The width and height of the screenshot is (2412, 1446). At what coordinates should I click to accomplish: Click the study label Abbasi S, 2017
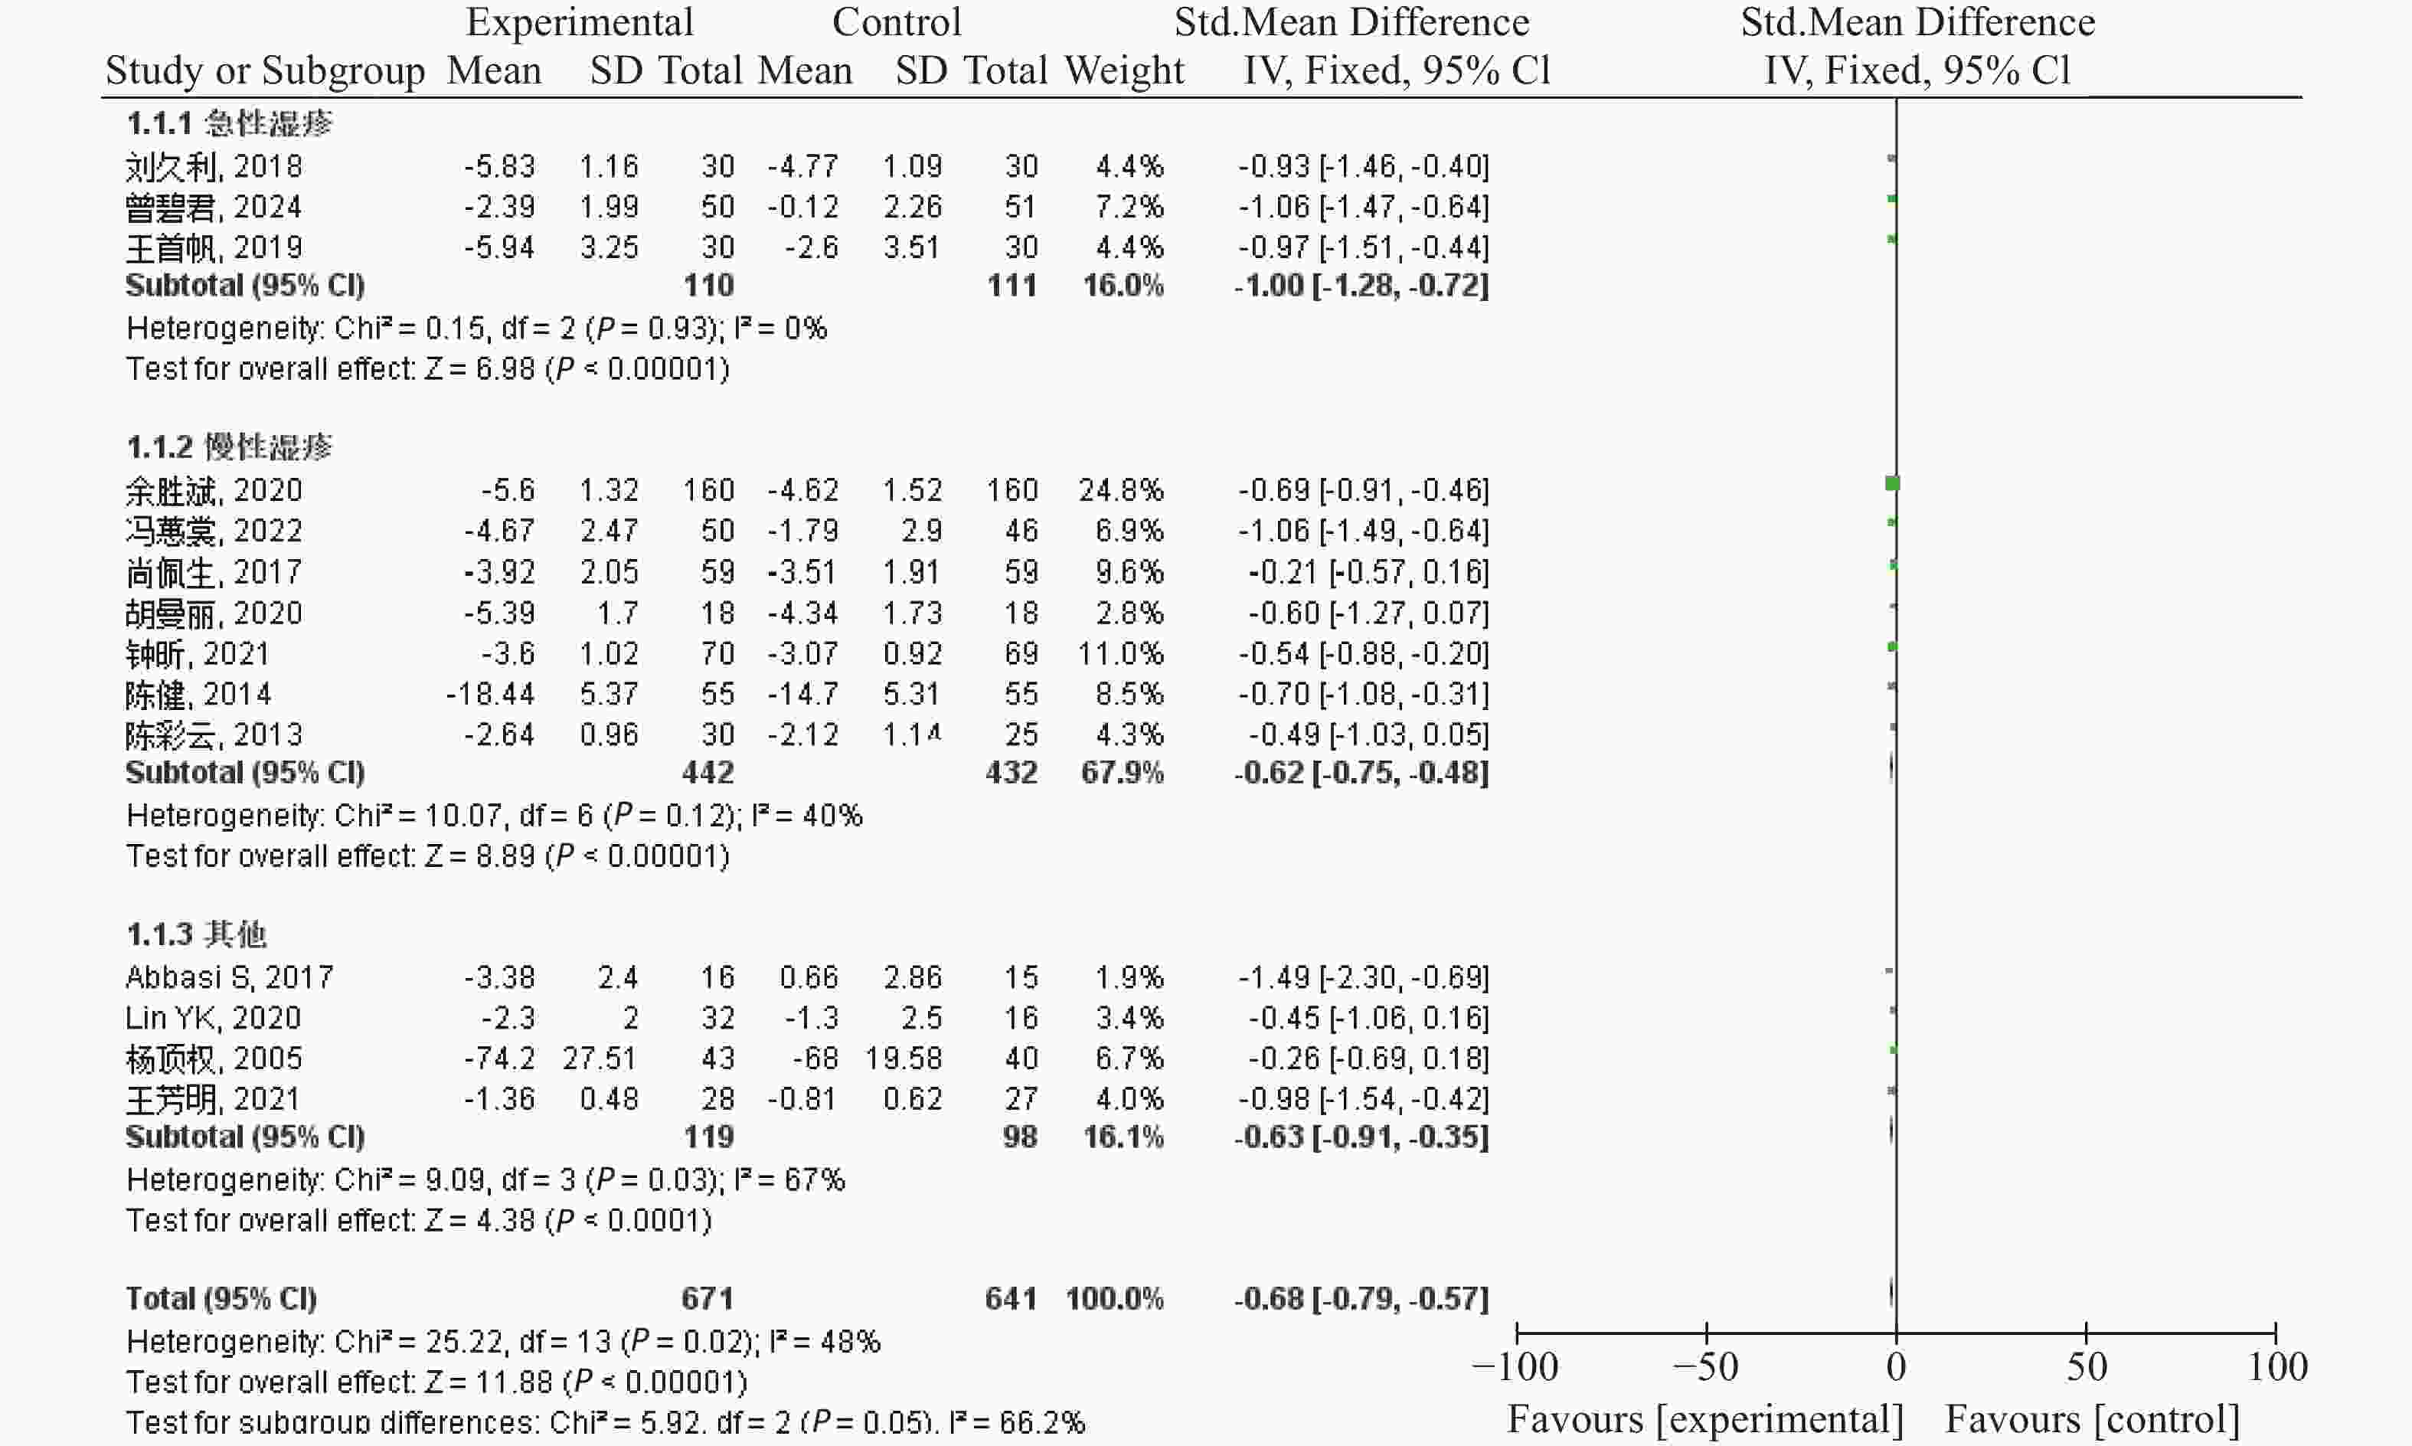(x=229, y=977)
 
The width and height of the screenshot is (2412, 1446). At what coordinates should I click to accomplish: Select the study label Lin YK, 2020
(x=212, y=1018)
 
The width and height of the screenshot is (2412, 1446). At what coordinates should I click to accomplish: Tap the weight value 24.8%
(x=1120, y=490)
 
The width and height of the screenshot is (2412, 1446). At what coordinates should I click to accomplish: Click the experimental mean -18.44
(x=490, y=695)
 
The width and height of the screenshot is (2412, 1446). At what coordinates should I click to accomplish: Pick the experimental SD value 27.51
(x=599, y=1059)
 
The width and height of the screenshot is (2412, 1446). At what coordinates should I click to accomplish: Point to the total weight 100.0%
(x=1114, y=1299)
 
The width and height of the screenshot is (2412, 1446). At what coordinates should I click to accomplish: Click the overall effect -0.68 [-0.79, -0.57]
(x=1361, y=1299)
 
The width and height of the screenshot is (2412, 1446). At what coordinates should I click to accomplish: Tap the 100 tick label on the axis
(x=2276, y=1368)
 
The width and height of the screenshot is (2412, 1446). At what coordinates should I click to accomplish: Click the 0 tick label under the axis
(x=1896, y=1368)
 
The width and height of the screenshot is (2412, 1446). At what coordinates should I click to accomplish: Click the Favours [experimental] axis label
(x=1704, y=1421)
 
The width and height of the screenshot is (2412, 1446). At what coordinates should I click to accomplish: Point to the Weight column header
(x=1124, y=71)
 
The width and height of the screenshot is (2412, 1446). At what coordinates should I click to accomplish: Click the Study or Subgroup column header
(x=265, y=71)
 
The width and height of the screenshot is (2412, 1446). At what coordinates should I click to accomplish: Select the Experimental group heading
(x=580, y=22)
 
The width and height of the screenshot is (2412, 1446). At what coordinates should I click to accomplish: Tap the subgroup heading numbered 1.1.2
(x=229, y=447)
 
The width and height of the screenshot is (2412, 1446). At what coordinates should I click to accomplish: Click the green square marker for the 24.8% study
(x=1892, y=483)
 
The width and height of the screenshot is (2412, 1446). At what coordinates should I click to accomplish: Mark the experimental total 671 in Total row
(x=708, y=1299)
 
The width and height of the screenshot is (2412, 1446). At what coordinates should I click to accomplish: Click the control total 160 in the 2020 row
(x=1012, y=490)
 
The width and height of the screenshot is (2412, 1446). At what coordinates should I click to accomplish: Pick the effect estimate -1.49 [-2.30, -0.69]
(x=1363, y=977)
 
